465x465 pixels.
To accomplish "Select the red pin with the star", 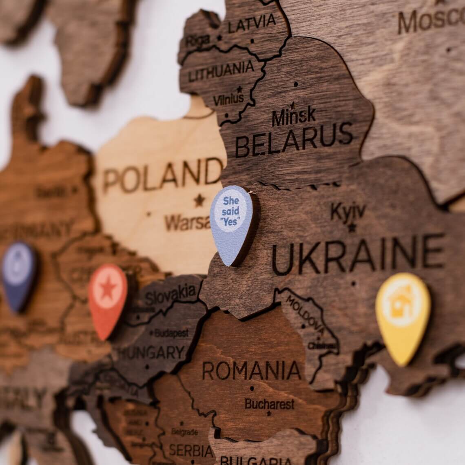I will [108, 298].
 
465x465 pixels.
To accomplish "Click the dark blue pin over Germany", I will [19, 274].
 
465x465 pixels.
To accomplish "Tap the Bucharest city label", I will [269, 404].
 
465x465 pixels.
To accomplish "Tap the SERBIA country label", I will [191, 450].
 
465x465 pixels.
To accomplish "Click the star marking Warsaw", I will [199, 200].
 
